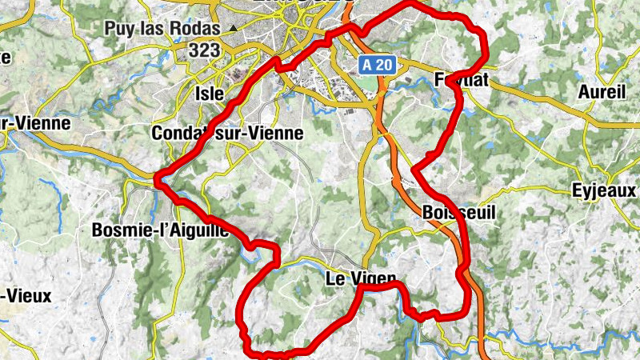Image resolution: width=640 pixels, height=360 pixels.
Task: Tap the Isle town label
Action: [x=210, y=94]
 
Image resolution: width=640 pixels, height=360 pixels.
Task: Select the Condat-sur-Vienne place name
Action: [x=227, y=133]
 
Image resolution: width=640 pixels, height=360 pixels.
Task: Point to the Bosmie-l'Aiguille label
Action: [x=161, y=230]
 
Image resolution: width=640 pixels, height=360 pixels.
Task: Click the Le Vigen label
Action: [x=361, y=279]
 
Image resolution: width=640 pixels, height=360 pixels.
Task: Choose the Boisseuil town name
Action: [x=458, y=214]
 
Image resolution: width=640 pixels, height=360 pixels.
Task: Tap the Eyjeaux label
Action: [x=604, y=191]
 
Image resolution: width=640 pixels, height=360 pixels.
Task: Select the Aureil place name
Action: [x=601, y=92]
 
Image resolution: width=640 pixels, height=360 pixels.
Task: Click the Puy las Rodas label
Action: [x=162, y=29]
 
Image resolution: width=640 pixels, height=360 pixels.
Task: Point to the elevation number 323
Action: [x=206, y=51]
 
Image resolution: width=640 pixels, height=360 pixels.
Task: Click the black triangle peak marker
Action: [x=233, y=29]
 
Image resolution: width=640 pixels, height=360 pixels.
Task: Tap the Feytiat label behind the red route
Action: [x=463, y=80]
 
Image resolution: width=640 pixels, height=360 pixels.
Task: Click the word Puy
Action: [x=119, y=29]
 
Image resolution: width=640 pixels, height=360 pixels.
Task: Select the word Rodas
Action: [x=196, y=29]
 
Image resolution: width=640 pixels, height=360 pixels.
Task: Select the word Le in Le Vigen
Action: [x=335, y=279]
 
